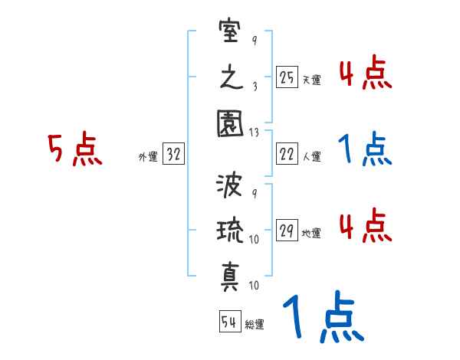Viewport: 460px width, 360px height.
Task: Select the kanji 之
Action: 230,78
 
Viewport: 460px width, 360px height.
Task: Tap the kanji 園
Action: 230,122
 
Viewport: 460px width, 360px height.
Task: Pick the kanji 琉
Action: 230,231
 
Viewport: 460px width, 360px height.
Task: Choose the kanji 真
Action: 230,273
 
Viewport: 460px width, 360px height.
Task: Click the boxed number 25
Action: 287,77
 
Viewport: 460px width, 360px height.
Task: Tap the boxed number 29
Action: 287,231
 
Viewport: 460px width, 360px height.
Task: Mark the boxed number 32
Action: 173,155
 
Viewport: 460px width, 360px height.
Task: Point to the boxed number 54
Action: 228,322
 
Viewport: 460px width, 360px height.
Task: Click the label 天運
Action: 311,80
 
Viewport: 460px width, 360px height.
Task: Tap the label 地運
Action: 311,233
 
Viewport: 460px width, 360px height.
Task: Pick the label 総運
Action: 254,324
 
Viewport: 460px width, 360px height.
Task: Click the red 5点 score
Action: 74,149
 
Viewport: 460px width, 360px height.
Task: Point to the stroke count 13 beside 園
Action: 255,133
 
